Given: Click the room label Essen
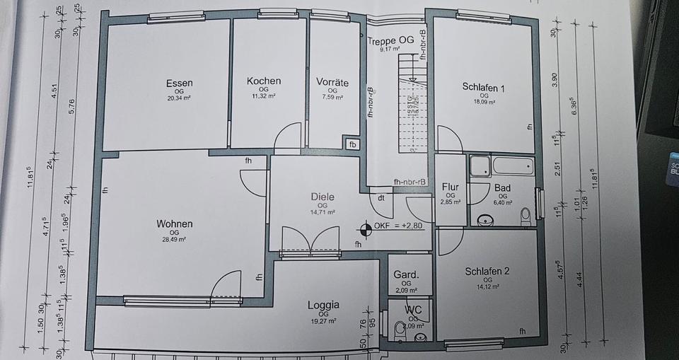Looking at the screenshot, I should [x=179, y=83].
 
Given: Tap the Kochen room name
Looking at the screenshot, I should [x=263, y=81].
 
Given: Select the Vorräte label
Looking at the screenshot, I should [x=332, y=82].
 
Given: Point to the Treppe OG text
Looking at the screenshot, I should [x=390, y=40].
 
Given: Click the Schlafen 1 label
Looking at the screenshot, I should [x=483, y=87].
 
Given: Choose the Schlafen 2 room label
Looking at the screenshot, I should [x=487, y=271].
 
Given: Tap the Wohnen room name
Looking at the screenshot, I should [x=174, y=224].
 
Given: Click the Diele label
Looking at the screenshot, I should [x=322, y=197].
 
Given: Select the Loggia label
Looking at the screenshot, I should [x=323, y=305].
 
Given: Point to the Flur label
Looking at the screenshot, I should [x=450, y=187].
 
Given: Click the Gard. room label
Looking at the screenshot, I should [x=406, y=275].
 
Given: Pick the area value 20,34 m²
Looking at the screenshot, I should [x=179, y=98].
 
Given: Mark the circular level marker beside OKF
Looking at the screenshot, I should [x=366, y=228].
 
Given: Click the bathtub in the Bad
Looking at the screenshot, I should [x=512, y=166].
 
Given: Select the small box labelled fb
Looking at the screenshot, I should [x=353, y=145].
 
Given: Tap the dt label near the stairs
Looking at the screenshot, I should [x=381, y=198].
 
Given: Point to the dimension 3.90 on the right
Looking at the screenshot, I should [x=555, y=80].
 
